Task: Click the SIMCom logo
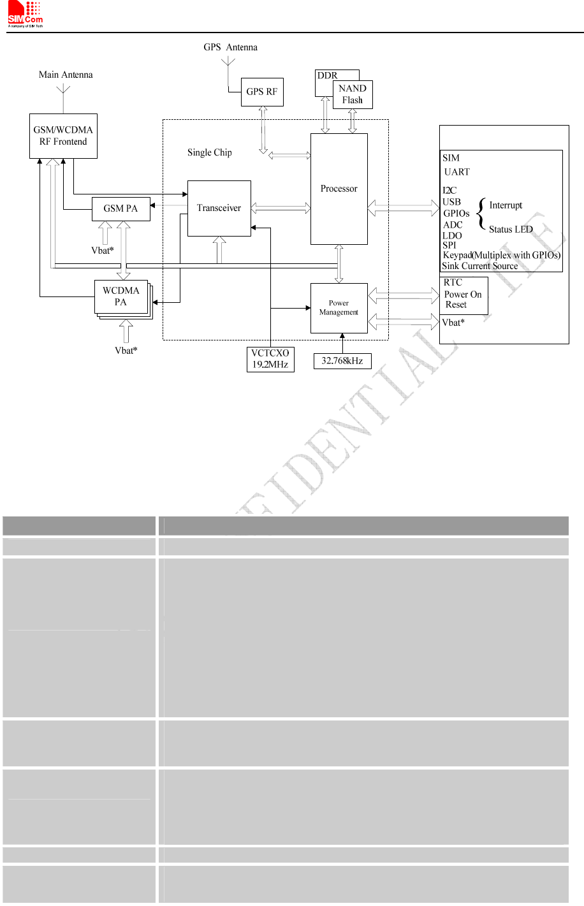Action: [x=25, y=15]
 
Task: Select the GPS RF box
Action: [x=262, y=92]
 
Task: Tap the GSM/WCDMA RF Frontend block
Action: [x=63, y=136]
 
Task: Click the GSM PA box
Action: [x=120, y=208]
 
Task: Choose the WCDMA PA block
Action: [x=121, y=296]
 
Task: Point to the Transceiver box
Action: [x=219, y=208]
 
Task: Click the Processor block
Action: [x=339, y=189]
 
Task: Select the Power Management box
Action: [x=339, y=308]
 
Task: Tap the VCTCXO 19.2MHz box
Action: [x=270, y=359]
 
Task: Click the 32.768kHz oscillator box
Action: [x=342, y=361]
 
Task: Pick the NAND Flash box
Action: [x=353, y=94]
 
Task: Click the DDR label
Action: [x=327, y=75]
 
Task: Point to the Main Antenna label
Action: [x=66, y=75]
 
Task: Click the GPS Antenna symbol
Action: [x=228, y=62]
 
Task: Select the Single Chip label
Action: [x=209, y=152]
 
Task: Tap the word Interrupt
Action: [x=506, y=205]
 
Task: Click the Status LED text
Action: [x=511, y=230]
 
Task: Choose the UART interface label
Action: [x=456, y=172]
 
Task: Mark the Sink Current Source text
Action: [x=480, y=267]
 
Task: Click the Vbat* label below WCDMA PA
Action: [x=126, y=351]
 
